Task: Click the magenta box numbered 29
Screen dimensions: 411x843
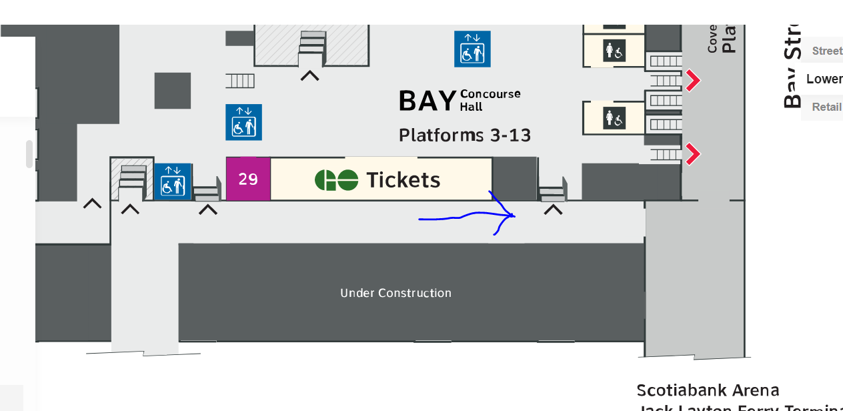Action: (x=248, y=179)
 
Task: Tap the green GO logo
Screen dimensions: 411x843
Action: (x=336, y=180)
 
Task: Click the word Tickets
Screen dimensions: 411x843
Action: (x=403, y=180)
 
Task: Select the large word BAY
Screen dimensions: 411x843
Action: (x=427, y=101)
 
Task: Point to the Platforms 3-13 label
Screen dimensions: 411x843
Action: (x=465, y=135)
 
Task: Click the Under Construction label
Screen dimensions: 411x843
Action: (x=395, y=293)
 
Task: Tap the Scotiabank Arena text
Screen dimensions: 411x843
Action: (x=708, y=390)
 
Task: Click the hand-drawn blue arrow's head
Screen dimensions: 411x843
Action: (x=512, y=215)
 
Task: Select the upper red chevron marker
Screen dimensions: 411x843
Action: (x=694, y=81)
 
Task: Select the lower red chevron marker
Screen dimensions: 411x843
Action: (x=694, y=155)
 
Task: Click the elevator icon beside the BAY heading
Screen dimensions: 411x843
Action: (x=472, y=49)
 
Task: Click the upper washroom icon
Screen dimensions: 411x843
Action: (x=614, y=50)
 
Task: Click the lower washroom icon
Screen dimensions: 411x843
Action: (x=614, y=119)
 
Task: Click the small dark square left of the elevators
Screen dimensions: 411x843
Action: (x=173, y=90)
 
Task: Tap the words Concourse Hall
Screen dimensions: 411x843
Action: (x=490, y=100)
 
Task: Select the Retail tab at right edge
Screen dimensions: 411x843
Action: (x=826, y=107)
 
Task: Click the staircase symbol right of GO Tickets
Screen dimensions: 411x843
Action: (x=552, y=192)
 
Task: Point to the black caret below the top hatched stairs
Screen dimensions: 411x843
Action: (x=309, y=75)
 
